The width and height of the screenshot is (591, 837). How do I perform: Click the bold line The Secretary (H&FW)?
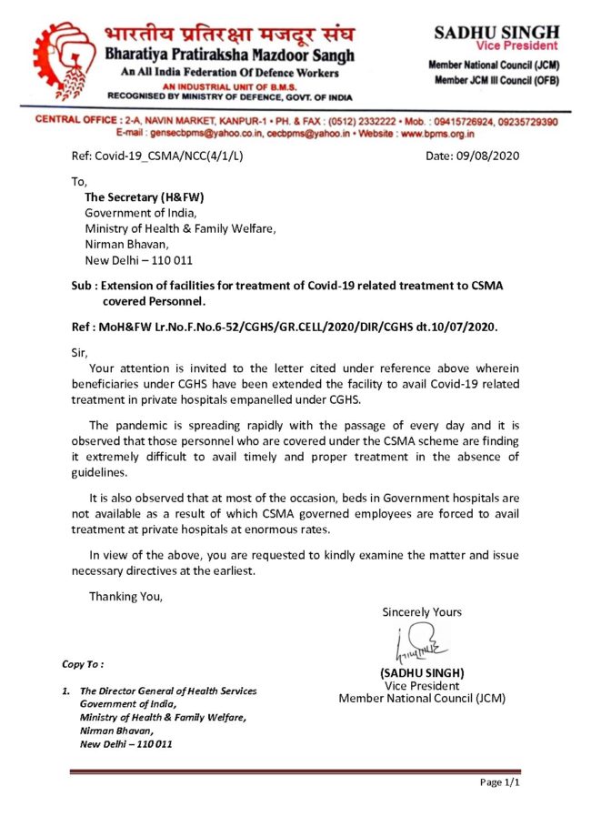coord(144,197)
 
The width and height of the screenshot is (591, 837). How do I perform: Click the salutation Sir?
coord(81,349)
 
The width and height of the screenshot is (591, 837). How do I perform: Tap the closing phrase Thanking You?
coord(125,596)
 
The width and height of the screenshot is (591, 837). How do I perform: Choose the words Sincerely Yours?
coord(422,611)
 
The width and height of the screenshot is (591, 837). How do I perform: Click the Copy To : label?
coord(83,664)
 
